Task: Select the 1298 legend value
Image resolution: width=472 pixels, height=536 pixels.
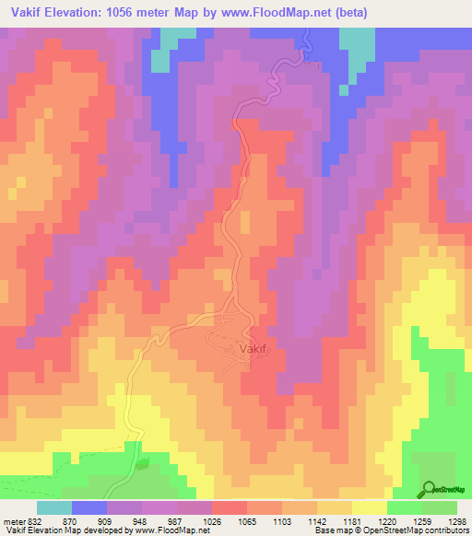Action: click(457, 520)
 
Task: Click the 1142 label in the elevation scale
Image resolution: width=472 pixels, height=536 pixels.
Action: click(317, 520)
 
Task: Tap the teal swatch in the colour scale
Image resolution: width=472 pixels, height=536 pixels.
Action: click(53, 507)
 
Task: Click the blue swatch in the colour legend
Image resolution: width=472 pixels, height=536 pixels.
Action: click(88, 507)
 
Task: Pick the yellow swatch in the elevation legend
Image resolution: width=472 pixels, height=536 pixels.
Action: click(369, 507)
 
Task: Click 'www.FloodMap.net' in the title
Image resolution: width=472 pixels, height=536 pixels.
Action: click(308, 12)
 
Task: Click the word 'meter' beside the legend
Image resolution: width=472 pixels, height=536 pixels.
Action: click(12, 520)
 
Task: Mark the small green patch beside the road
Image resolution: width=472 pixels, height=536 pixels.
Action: click(141, 464)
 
